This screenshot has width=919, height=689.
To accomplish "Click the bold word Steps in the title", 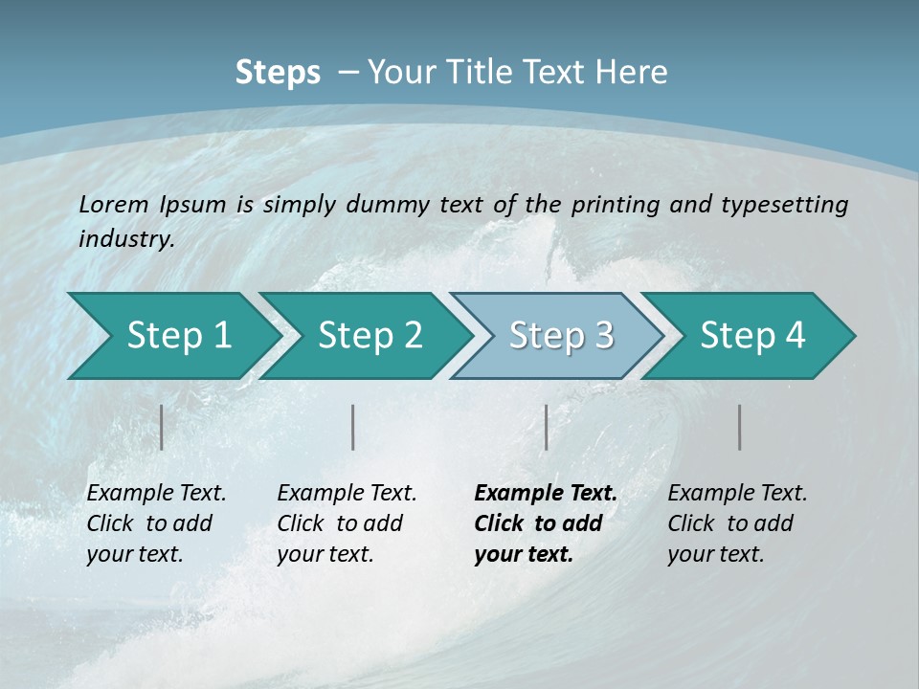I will pos(278,72).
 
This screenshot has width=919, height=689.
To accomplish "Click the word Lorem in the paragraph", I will pos(114,204).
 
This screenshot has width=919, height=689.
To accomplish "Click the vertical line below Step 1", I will pos(162,427).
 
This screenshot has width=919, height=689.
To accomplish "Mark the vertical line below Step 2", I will pos(353,427).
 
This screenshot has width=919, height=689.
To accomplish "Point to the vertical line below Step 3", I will pos(546,427).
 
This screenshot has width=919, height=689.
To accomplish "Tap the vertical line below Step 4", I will pos(739,427).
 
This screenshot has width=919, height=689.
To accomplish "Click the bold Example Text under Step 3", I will pos(546,494).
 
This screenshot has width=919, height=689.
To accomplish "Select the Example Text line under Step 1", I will pos(156,494).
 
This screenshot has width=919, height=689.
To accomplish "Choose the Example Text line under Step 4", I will pos(737,494).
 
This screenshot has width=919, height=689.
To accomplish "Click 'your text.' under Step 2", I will pos(325,554).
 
